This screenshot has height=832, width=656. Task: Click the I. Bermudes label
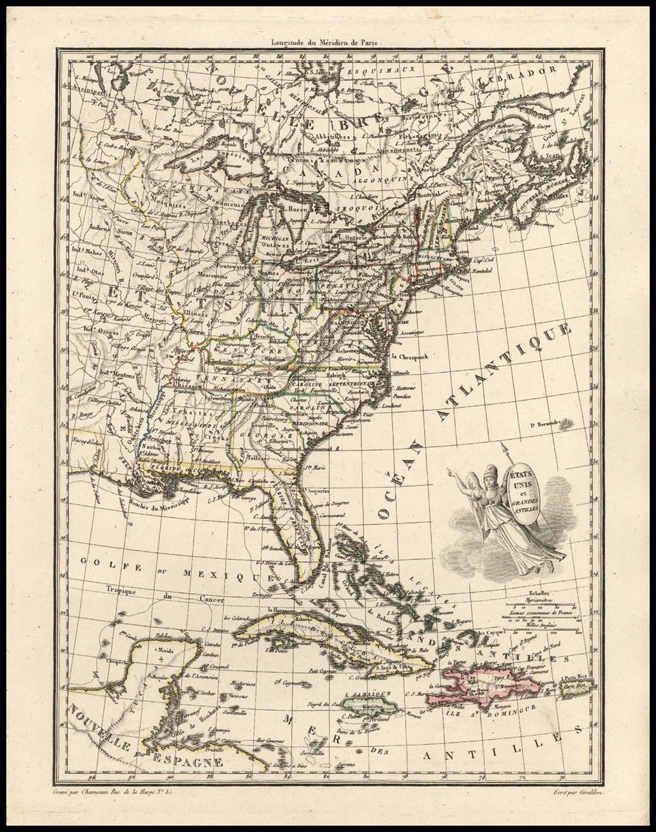[546, 423]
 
